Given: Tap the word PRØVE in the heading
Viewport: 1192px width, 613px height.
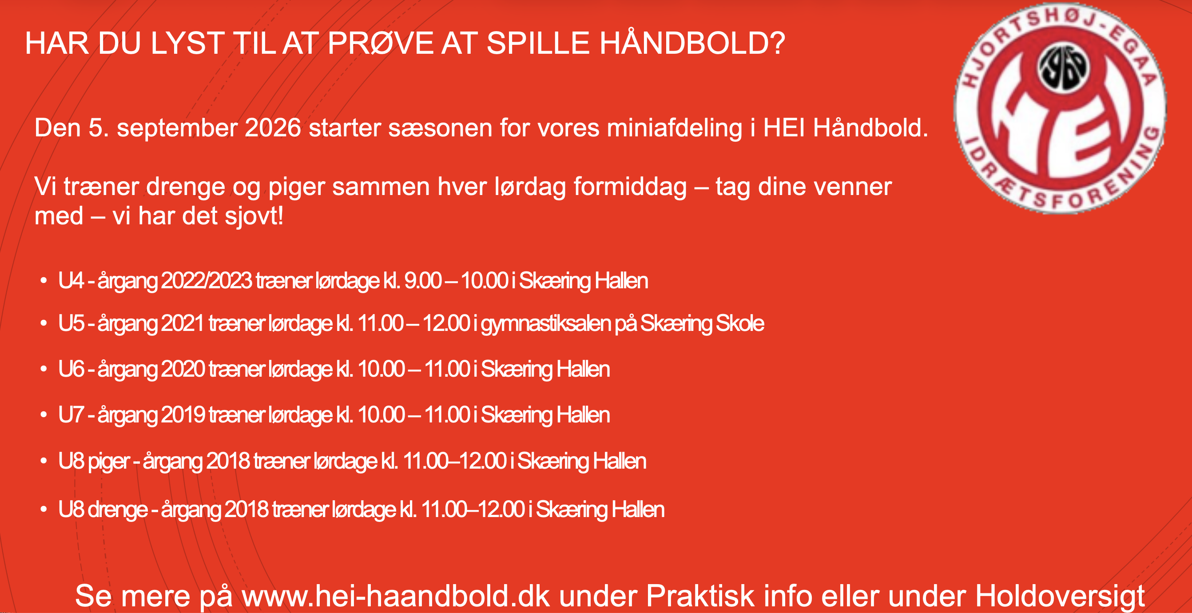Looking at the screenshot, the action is pos(380,43).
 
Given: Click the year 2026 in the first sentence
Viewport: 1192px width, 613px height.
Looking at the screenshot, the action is pos(273,128).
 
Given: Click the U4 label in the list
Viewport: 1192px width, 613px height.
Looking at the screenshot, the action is pos(71,281).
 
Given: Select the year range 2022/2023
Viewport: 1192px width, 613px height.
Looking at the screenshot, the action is pos(207,281).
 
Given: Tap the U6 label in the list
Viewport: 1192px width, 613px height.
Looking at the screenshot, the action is pos(71,369).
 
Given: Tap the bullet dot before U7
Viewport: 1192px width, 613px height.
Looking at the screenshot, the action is pos(44,415).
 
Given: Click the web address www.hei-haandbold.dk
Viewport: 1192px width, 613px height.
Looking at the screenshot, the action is pos(396,595).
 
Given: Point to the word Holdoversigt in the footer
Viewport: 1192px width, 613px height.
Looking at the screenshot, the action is pos(1060,596).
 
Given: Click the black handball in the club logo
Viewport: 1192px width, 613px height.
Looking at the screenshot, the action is pos(1065,68).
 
